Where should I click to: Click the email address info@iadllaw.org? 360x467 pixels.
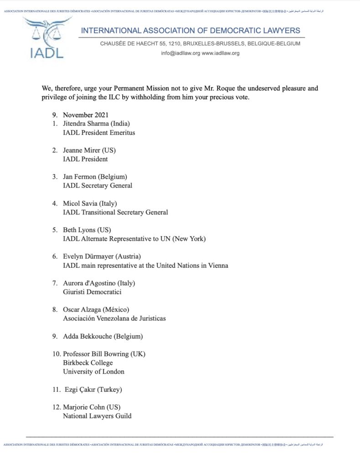tap(180, 53)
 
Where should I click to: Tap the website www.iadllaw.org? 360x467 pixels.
tap(220, 53)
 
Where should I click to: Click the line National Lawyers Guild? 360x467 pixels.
tap(97, 415)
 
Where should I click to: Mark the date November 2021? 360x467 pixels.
tap(85, 114)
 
